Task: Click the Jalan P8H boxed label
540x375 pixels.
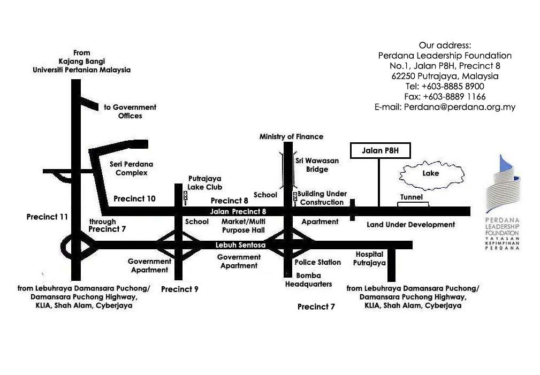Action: [380, 151]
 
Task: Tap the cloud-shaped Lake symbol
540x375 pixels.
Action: [430, 174]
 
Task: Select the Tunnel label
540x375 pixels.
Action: [411, 197]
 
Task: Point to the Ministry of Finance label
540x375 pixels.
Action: [291, 136]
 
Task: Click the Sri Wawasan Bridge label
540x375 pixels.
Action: [317, 165]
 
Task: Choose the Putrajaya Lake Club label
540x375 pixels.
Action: [204, 183]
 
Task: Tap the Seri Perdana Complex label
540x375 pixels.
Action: [131, 168]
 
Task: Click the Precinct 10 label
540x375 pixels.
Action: [134, 198]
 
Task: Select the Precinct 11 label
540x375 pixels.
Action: [48, 217]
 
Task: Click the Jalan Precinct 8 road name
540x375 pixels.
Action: [238, 211]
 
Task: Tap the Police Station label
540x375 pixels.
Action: [317, 262]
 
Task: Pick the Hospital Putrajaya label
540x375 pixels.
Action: [369, 259]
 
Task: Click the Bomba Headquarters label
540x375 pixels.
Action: [308, 280]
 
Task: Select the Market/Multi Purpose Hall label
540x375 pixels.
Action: [244, 226]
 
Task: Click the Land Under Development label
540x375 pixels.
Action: [410, 225]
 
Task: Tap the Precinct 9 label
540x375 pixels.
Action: [180, 289]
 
